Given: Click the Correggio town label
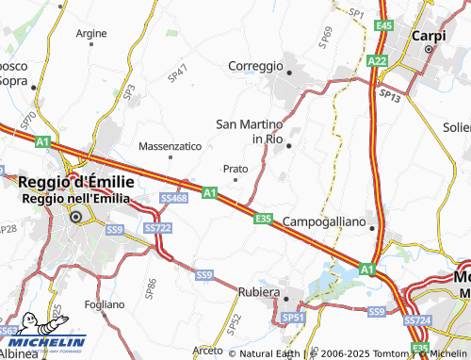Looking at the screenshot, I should point(255,66).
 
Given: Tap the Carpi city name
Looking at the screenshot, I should point(429,35).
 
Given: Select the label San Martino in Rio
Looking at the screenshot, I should point(250,131).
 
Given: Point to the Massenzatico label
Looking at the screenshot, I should point(170,147).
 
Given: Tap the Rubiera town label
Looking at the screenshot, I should point(259,292).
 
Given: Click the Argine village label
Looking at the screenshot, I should point(91,32).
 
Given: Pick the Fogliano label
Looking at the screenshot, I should point(104,304).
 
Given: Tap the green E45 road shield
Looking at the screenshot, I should point(382,25).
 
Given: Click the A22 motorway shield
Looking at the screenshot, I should point(378,61).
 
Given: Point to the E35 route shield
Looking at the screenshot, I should point(264,219).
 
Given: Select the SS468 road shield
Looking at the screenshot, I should point(173,199).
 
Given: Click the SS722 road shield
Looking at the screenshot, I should point(157,228).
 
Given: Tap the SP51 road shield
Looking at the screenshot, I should point(295,319).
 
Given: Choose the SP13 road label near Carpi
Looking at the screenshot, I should point(389,96).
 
